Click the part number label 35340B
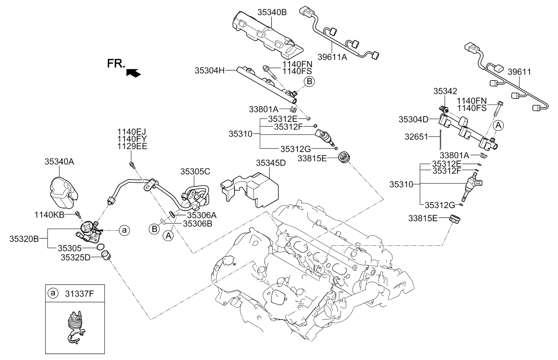point(272,12)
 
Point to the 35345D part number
point(271,163)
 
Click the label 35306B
point(197,222)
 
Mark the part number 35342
point(445,91)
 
